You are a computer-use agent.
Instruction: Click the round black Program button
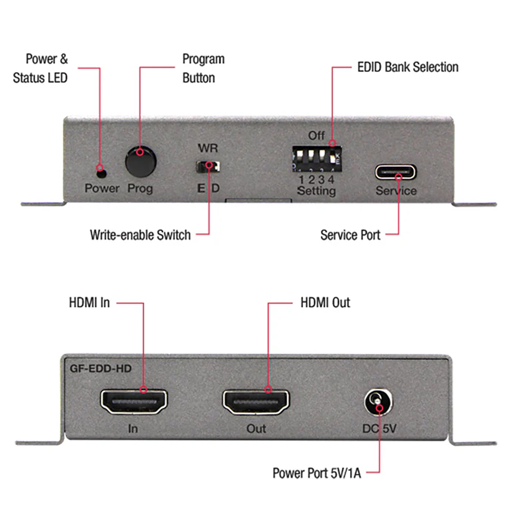pyautogui.click(x=140, y=162)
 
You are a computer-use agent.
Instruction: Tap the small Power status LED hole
pyautogui.click(x=102, y=174)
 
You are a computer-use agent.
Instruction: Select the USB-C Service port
pyautogui.click(x=395, y=172)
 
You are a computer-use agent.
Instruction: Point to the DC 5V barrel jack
pyautogui.click(x=378, y=402)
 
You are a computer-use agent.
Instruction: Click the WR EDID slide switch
pyautogui.click(x=208, y=166)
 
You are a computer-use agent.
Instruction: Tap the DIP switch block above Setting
pyautogui.click(x=316, y=159)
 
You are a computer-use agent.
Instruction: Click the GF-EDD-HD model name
pyautogui.click(x=101, y=368)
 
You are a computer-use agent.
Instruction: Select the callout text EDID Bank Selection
pyautogui.click(x=408, y=67)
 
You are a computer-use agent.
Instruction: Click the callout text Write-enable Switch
pyautogui.click(x=140, y=235)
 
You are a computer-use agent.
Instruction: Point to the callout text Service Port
pyautogui.click(x=350, y=235)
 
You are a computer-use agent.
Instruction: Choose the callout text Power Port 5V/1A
pyautogui.click(x=316, y=473)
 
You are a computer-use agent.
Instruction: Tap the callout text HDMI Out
pyautogui.click(x=325, y=303)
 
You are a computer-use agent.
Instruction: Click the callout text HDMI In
pyautogui.click(x=89, y=303)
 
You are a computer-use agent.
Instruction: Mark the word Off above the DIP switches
pyautogui.click(x=316, y=136)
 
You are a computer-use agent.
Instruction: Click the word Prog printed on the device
pyautogui.click(x=140, y=188)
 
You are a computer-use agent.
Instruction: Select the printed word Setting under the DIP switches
pyautogui.click(x=316, y=191)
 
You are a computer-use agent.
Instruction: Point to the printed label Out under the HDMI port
pyautogui.click(x=256, y=429)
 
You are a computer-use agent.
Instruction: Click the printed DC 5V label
pyautogui.click(x=379, y=429)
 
